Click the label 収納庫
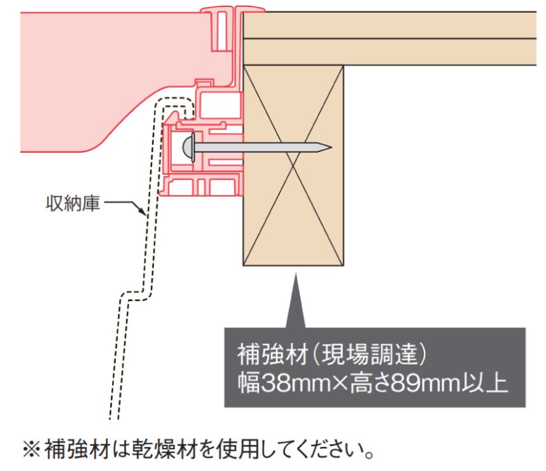click(69, 206)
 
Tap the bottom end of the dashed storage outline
click(113, 417)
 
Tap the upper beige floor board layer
click(395, 25)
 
